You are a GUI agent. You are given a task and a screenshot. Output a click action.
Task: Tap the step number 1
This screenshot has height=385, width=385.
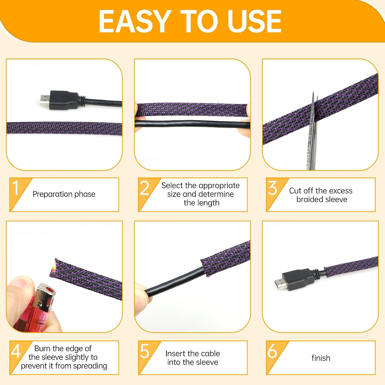tap(16, 188)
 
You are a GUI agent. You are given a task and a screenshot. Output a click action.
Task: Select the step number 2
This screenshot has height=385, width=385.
tap(145, 188)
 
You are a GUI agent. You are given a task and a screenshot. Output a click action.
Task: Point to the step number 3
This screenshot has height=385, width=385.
tap(273, 188)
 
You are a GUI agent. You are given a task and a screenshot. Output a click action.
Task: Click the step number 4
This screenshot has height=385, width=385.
tap(16, 351)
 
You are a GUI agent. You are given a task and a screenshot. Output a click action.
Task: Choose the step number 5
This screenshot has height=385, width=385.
tap(145, 351)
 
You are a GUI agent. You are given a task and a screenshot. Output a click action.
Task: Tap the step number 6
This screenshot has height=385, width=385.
tap(272, 351)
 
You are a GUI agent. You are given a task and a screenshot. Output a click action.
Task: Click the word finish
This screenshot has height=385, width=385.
tap(321, 358)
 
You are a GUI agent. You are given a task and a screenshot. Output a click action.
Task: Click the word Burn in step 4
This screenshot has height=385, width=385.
tap(43, 348)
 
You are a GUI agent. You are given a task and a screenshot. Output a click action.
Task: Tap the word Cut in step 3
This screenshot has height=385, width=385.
tap(295, 191)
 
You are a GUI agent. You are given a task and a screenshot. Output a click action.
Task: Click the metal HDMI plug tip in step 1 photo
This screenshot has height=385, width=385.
tap(45, 100)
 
